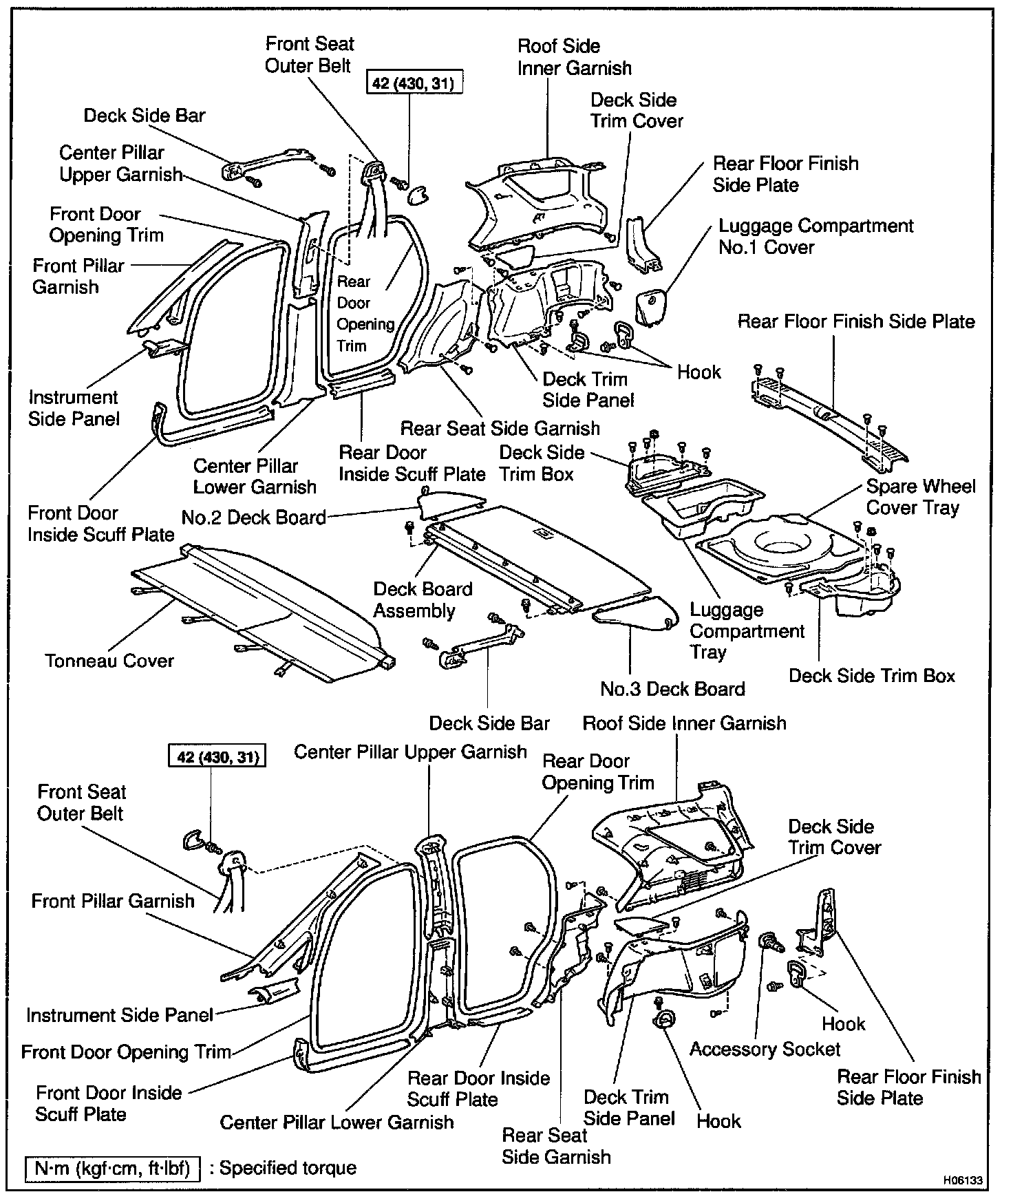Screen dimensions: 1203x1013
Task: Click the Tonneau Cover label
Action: tap(109, 661)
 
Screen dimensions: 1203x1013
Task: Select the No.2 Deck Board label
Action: tap(254, 518)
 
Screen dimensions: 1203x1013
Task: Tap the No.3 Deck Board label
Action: tap(672, 689)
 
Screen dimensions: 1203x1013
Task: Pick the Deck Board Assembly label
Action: tap(423, 600)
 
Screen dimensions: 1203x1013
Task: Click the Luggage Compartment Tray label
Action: tap(746, 631)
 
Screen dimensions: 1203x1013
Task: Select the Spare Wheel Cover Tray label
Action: tap(920, 497)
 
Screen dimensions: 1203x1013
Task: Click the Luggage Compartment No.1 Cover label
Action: tap(815, 236)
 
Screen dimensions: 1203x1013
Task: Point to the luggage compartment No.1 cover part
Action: tap(650, 307)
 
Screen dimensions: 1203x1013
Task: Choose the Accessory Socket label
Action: tap(765, 1049)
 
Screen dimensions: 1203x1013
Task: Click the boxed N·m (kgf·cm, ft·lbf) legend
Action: tap(112, 1168)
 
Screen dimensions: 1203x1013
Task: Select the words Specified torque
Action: tap(287, 1168)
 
